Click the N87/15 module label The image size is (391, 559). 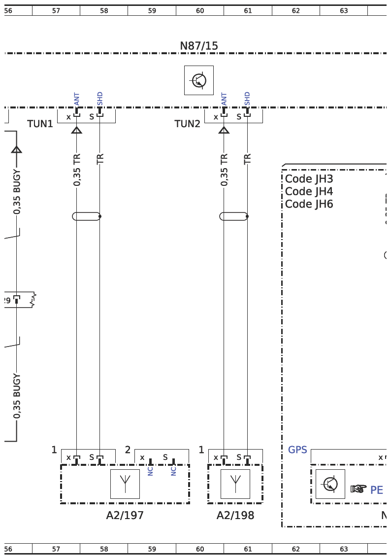(x=199, y=46)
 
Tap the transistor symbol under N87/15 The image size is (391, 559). (x=199, y=80)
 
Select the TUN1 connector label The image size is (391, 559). (x=40, y=124)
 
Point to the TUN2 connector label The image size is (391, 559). (x=187, y=124)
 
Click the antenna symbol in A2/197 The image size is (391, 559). (x=125, y=484)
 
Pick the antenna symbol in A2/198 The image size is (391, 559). (x=235, y=484)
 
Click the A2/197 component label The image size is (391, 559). (x=125, y=515)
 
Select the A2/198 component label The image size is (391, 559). (x=235, y=515)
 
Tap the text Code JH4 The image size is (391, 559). (x=309, y=191)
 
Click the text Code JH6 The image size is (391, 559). (x=309, y=204)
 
